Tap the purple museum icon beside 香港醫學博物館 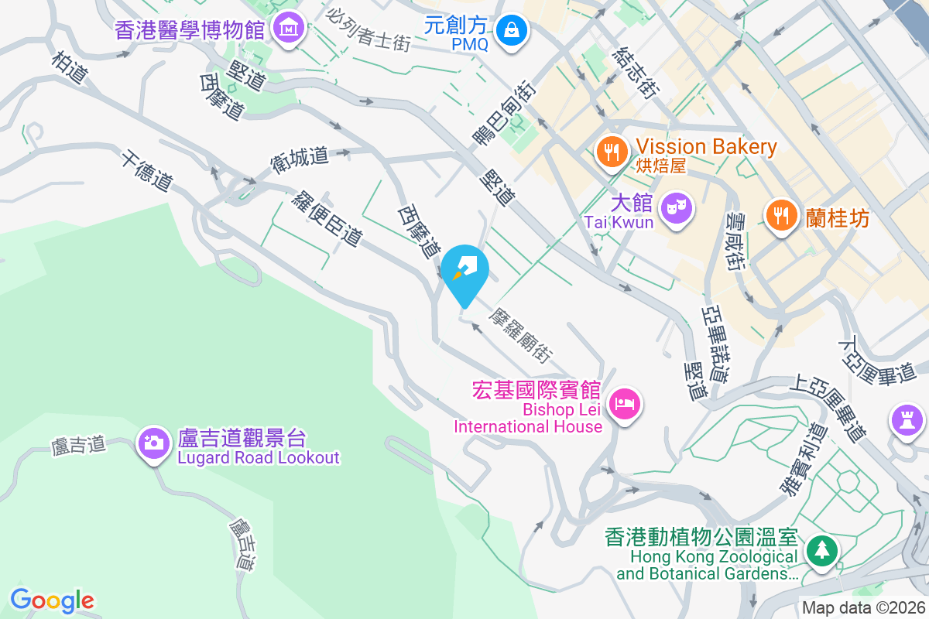[x=289, y=29]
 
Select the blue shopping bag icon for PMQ [x=512, y=31]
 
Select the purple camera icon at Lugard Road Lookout [x=154, y=443]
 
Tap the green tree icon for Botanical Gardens [x=819, y=552]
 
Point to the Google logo [x=52, y=600]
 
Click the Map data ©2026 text [x=863, y=607]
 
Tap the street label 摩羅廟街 [x=521, y=337]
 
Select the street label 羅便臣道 [x=327, y=218]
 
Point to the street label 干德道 [x=146, y=171]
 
